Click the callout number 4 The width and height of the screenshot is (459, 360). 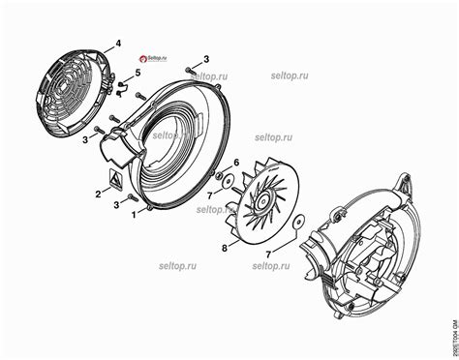coord(118,44)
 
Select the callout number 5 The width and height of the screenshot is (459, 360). coord(137,73)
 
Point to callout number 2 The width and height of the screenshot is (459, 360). coord(97,195)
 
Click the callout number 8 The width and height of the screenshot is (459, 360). coord(225,248)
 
